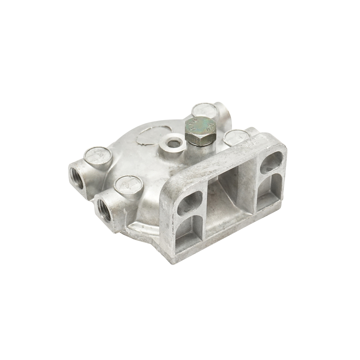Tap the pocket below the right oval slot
(267, 195)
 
